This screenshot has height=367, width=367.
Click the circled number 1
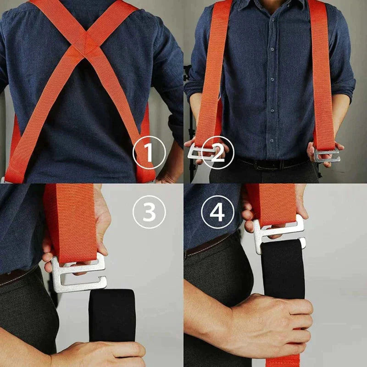coord(150,153)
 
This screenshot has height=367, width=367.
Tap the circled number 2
coord(217,153)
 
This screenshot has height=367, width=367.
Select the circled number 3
coord(150,212)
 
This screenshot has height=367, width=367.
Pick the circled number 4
coord(217,212)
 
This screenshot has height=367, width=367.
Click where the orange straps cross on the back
coord(87,44)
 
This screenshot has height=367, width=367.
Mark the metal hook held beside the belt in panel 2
coord(327,155)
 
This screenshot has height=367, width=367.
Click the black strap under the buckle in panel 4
coord(283,269)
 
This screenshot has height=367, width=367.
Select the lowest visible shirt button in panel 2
coord(272,141)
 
